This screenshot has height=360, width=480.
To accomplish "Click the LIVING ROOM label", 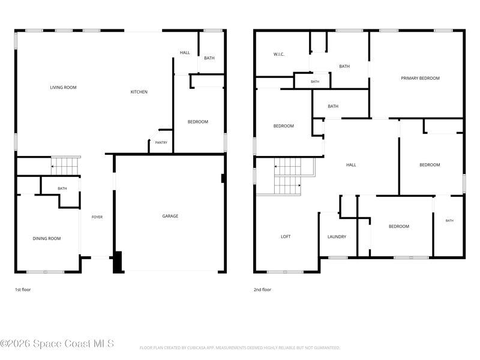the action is pos(63,88).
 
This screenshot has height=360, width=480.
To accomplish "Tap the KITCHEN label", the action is pos(139,92).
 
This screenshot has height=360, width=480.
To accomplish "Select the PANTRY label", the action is pos(161,143).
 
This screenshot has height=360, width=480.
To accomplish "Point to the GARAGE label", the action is pos(170,216).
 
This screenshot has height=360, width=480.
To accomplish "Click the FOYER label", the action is pos(97,217).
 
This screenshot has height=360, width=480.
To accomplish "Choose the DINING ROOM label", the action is pos(47,238).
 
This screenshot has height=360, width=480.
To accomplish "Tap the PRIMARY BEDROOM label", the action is pos(421,79).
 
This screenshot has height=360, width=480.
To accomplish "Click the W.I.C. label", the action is pos(279,55).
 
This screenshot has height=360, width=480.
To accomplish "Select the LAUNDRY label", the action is pos(337,236).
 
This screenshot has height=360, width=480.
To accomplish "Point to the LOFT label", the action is pos(286,236).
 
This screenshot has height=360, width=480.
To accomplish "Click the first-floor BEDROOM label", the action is pos(198,122).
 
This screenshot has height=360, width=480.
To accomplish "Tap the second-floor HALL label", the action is pos(351,165).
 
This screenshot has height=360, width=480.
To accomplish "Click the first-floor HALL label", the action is pos(185,53).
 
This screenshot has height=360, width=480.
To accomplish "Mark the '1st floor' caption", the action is pos(23,290).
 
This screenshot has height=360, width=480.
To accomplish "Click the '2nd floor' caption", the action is pos(262,290).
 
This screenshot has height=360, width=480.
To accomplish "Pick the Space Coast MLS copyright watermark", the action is pos(57,344).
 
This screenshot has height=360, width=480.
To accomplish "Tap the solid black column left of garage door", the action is pos(118,262).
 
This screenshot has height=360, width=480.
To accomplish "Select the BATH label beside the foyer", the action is pos(62,188).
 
